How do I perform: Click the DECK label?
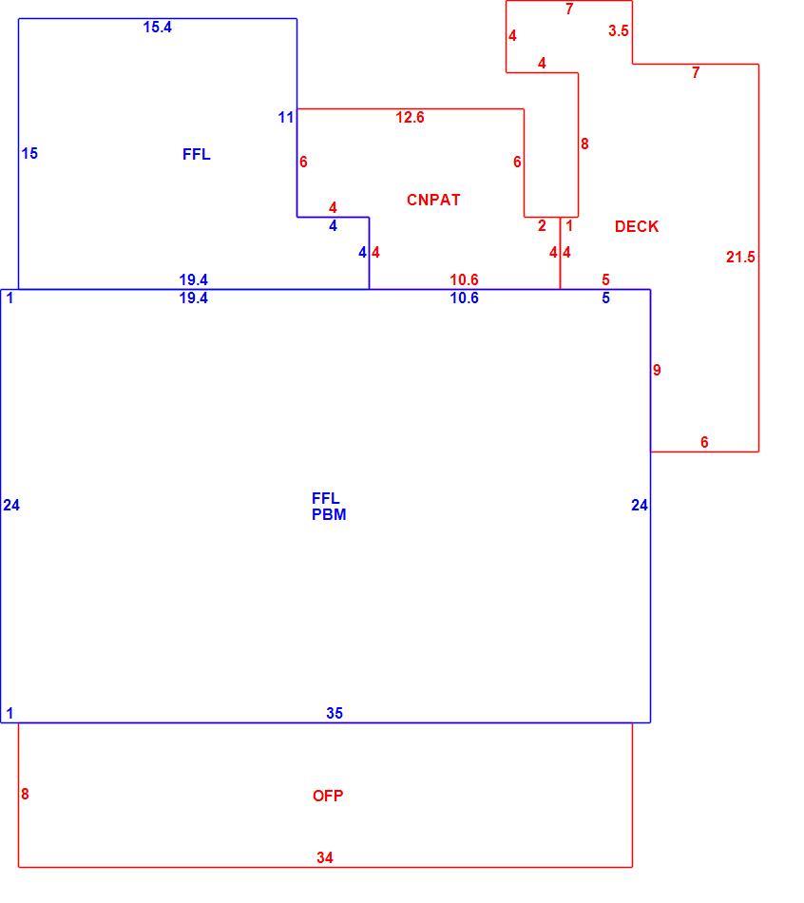click(x=637, y=226)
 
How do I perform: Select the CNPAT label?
click(x=433, y=200)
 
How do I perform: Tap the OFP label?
click(x=328, y=796)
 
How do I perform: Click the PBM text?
click(x=329, y=514)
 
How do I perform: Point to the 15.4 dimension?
click(x=157, y=27)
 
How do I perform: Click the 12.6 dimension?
click(x=410, y=118)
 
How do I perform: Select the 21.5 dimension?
click(x=740, y=257)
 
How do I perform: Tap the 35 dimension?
click(x=335, y=713)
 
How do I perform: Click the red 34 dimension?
click(x=325, y=857)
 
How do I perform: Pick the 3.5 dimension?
click(x=618, y=30)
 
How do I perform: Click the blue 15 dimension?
click(x=29, y=153)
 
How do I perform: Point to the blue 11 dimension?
click(x=286, y=118)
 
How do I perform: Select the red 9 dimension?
click(x=657, y=370)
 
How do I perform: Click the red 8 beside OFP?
click(x=25, y=794)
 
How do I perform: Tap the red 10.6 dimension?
click(x=464, y=279)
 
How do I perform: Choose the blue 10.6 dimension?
click(x=464, y=298)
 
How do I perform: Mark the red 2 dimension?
click(x=542, y=226)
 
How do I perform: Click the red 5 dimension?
click(x=605, y=279)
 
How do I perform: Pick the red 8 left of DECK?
click(x=584, y=144)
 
